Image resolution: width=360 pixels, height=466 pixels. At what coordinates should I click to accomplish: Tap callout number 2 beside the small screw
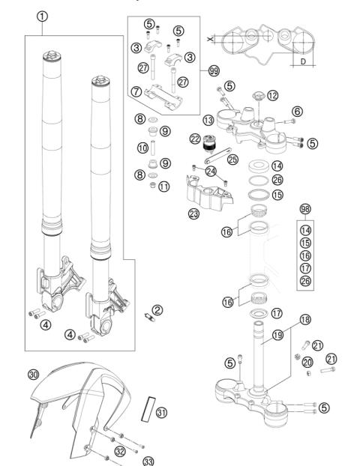click(157, 309)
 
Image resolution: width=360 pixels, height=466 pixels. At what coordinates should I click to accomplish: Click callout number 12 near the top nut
click(272, 95)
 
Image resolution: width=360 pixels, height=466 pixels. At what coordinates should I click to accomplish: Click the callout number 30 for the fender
click(33, 375)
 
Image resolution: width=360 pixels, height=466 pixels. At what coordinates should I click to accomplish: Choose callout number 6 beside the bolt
click(298, 111)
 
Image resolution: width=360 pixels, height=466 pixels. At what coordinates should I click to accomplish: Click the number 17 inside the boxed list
click(304, 268)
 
